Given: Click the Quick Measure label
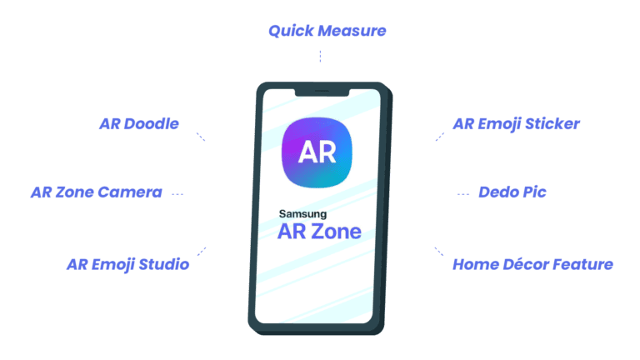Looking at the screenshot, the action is point(327,32).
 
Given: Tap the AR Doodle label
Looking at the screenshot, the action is point(139,124).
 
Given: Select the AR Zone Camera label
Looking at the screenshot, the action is point(96,192).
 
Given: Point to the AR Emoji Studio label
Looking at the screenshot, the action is point(127,265).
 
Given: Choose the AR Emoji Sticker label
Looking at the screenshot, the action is point(516,124).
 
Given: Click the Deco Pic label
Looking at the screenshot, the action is point(512,192).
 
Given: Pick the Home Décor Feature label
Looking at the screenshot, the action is point(532,265).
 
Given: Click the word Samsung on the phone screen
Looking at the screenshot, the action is point(302,214).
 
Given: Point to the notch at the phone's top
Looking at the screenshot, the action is point(320,90).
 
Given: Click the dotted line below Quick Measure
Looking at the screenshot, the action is point(320,56).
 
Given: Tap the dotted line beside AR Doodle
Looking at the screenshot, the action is point(200,137).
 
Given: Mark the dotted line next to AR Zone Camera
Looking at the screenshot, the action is point(177,193).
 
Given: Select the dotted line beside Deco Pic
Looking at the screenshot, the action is point(463,193).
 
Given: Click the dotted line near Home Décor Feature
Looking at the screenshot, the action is point(438,251).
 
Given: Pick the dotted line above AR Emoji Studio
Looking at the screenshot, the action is point(201,251).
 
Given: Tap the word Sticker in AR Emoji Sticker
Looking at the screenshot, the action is point(551,124).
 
